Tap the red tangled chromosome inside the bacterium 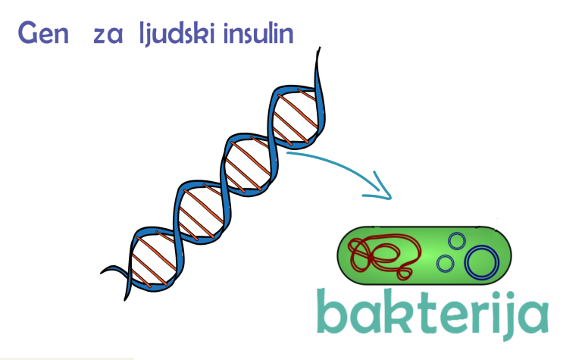click(383, 253)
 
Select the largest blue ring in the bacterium click(482, 261)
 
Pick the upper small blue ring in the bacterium click(456, 241)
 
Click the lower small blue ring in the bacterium click(446, 264)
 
